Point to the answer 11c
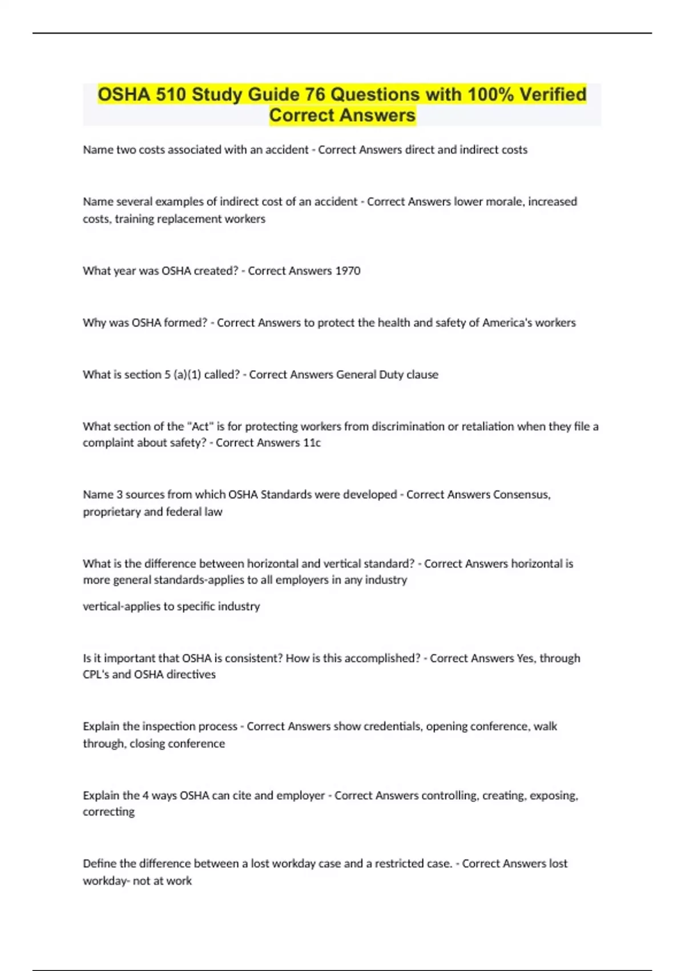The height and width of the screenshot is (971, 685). click(312, 443)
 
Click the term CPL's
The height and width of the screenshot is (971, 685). click(95, 675)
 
